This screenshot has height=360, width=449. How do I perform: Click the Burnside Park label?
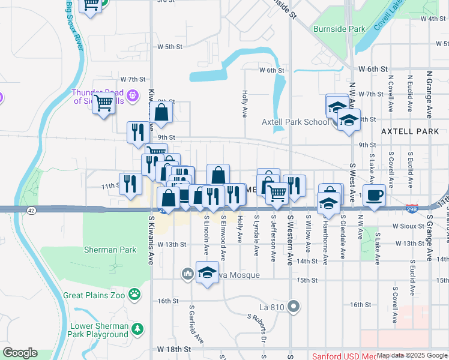point(339,28)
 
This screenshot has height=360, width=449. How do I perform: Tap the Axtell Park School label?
point(295,122)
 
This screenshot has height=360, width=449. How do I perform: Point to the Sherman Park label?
point(101,249)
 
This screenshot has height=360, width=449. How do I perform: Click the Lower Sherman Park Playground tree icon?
point(138,329)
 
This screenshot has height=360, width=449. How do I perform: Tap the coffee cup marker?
point(374,196)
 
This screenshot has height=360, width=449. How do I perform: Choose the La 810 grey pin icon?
point(294,307)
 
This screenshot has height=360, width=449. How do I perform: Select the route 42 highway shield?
point(31,209)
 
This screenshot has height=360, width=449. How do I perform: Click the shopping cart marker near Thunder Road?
point(103,104)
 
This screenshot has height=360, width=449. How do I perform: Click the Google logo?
point(20,353)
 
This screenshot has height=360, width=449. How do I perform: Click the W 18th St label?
point(174,349)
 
